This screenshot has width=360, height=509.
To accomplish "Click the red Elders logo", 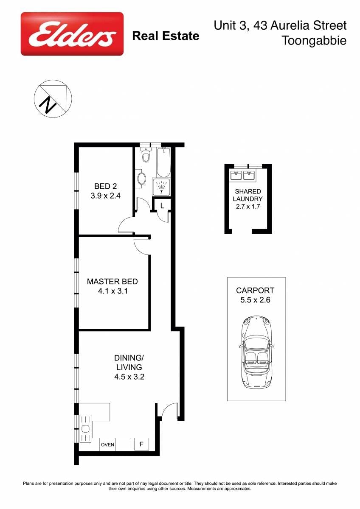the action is point(72,34).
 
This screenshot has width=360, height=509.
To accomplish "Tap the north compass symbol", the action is point(53,99).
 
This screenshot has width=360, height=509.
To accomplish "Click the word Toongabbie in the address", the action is point(314,41).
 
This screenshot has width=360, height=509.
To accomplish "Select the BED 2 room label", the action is point(106,186).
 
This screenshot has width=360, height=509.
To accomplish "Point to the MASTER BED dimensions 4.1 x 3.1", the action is point(113,291).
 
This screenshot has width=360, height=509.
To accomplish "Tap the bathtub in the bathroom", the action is point(163,162).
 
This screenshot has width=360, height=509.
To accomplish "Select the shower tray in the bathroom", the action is point(161,187).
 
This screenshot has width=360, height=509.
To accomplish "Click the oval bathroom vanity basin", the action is point(142,179).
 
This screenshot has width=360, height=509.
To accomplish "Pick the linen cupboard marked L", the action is point(162,206).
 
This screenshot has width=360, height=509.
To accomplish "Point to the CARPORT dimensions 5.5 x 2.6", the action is point(256,300).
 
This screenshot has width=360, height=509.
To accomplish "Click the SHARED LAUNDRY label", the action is point(247,195).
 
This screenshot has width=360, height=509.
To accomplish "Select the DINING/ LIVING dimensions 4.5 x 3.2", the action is point(129,377).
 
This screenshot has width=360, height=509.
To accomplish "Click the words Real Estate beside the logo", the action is point(166,36).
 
